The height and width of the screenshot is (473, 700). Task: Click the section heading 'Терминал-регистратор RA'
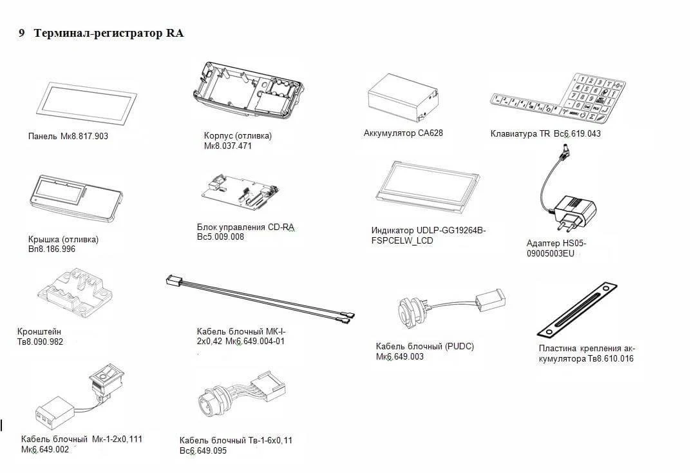(108, 34)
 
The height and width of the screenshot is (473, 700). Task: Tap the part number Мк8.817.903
(84, 136)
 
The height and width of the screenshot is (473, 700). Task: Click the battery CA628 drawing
(402, 98)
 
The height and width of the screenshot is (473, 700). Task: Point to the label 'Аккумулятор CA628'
(403, 133)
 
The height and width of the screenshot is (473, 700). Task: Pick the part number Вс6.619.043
(577, 133)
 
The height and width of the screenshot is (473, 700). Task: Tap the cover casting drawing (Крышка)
(75, 198)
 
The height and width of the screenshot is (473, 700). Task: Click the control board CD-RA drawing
(240, 191)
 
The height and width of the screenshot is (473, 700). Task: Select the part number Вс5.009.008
(220, 237)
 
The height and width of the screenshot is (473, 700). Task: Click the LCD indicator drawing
(428, 188)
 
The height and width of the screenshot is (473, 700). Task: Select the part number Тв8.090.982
(40, 342)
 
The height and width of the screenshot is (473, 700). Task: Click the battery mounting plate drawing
(577, 309)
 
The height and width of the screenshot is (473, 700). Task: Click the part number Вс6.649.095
(203, 450)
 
